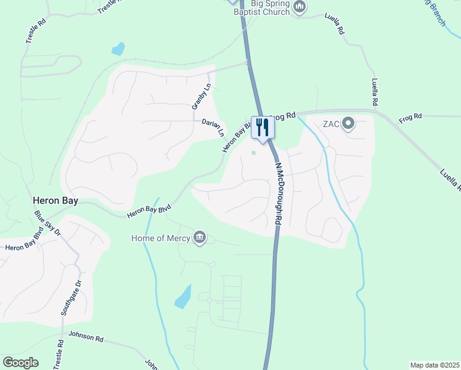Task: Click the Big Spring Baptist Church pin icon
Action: [300, 7]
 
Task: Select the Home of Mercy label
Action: [160, 237]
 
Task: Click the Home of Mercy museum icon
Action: [199, 237]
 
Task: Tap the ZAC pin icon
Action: [348, 124]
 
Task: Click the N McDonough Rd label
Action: [278, 193]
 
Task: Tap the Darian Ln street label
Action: [213, 128]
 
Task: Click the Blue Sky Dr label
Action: [47, 224]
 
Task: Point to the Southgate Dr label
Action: [70, 298]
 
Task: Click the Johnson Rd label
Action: [86, 338]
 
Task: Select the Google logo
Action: [20, 363]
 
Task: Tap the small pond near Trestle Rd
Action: [118, 49]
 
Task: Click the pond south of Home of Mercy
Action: [183, 297]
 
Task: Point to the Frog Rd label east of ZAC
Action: [410, 117]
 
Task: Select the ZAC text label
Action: [332, 124]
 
